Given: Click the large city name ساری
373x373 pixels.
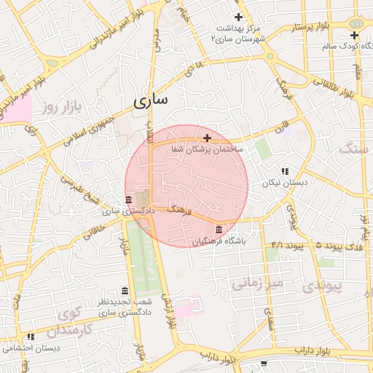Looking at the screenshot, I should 151,100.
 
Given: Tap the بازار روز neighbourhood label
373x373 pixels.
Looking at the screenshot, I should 59,109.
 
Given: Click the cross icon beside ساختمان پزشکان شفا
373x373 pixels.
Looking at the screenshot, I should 208,138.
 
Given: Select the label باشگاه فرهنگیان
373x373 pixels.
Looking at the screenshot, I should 219,241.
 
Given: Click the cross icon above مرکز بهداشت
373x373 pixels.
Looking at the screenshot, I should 238,17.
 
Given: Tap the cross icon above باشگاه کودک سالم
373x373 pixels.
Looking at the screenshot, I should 354,35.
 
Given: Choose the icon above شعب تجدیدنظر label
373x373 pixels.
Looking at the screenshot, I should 125,291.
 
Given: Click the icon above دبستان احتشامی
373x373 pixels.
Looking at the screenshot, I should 30,337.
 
